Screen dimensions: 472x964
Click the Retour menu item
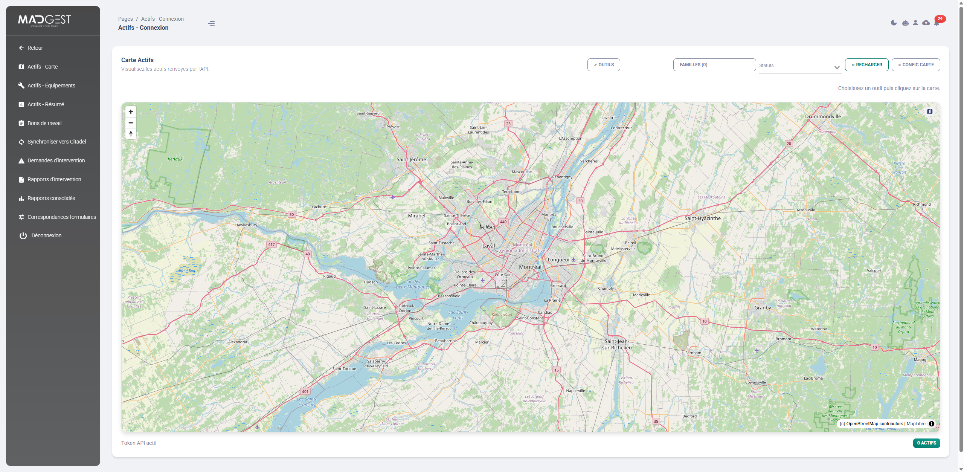35,48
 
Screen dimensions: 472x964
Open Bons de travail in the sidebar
44,123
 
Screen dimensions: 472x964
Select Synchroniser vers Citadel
56,142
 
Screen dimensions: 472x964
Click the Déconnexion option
46,235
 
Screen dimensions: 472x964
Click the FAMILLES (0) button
714,65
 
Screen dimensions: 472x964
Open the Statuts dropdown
799,66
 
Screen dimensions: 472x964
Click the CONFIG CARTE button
915,65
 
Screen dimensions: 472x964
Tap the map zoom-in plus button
131,112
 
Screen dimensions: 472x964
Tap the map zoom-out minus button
131,123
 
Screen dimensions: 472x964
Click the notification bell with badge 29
937,23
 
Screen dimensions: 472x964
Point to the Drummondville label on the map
822,116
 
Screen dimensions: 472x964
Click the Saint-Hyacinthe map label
702,218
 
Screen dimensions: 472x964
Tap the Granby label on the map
762,308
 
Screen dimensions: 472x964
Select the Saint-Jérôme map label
411,159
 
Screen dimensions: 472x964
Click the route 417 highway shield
271,244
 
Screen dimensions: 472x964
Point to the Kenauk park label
175,159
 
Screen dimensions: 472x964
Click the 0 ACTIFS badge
926,443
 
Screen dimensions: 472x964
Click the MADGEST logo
44,20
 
